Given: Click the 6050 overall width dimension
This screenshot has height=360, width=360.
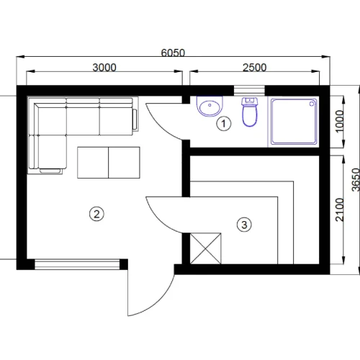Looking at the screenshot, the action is point(173,53).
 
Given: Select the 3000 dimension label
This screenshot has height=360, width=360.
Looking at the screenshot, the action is point(104,68).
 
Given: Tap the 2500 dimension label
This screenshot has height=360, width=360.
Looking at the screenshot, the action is point(254,68).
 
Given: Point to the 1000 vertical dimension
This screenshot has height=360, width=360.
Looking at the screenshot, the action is point(339,121).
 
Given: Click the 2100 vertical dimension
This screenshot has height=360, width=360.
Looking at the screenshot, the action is point(339,210).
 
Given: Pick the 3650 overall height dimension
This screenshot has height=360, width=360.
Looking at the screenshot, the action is point(356,180).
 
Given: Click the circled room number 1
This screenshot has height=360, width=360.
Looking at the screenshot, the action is point(224,124).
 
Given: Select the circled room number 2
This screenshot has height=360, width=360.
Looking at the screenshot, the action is point(96,214).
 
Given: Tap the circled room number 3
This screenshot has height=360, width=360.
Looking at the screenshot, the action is point(244,225).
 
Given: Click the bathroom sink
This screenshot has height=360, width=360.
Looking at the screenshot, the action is point(210,107).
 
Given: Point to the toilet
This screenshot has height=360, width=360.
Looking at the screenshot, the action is point(250,112).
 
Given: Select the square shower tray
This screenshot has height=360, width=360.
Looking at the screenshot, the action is point(294,122).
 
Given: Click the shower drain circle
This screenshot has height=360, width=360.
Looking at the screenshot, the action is point(312,104).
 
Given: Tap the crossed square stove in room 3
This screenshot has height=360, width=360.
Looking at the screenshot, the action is point(206,248).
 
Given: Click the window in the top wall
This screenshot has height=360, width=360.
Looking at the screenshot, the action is point(249,91).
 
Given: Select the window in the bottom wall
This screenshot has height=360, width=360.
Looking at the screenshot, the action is point(77,264).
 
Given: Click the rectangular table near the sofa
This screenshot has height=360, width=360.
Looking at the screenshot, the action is point(109,163).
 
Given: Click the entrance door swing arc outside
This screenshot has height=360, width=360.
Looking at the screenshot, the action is point(157,302).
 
